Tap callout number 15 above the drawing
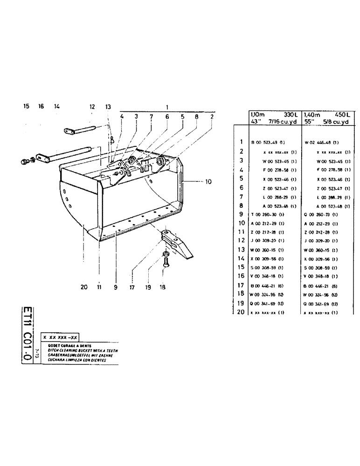point(26,107)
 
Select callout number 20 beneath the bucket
point(84,288)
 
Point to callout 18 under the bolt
point(162,288)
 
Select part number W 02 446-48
point(321,142)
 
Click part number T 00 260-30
point(267,214)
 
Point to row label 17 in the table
point(241,285)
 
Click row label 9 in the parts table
point(242,214)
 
